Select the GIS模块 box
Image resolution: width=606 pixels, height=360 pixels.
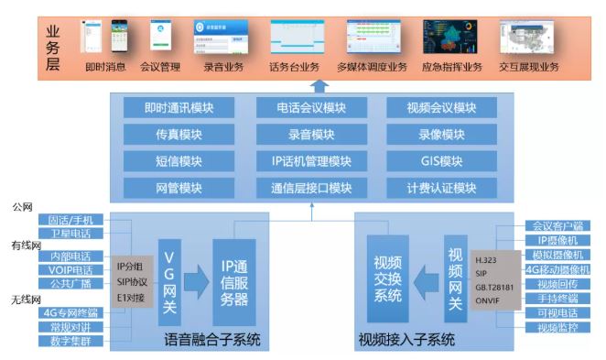(x=442, y=161)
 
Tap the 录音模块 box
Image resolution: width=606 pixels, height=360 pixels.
(x=311, y=135)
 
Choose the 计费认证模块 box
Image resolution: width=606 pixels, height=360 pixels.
(x=442, y=189)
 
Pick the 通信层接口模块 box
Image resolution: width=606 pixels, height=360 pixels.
(x=311, y=189)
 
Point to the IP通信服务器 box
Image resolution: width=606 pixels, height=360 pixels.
(x=234, y=278)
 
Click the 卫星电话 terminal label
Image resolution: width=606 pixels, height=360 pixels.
(x=70, y=234)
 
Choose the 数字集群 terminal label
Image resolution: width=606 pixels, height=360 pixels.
(x=70, y=342)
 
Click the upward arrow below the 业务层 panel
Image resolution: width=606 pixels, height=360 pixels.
(x=319, y=86)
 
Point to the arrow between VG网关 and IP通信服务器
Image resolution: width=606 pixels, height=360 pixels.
(x=199, y=278)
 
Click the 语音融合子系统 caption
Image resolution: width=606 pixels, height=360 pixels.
(x=212, y=341)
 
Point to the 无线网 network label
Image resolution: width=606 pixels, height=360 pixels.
(x=27, y=300)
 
